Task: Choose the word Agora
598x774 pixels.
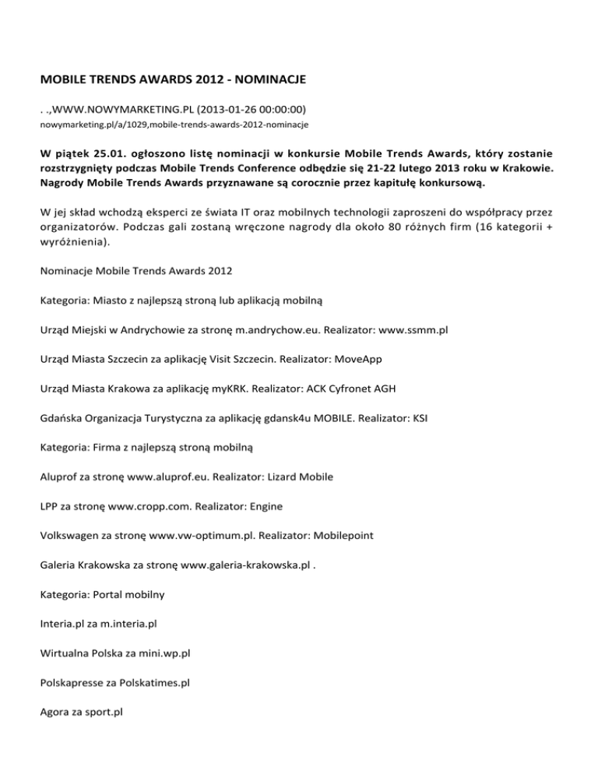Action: pyautogui.click(x=56, y=712)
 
